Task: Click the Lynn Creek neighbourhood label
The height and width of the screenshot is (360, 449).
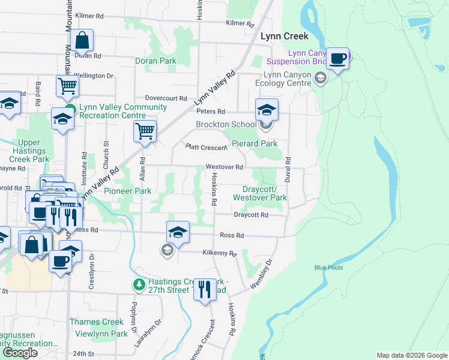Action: [284, 36]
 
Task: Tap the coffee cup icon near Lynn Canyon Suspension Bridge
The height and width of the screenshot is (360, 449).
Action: [338, 59]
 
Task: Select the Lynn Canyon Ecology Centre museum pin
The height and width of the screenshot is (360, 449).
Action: [321, 77]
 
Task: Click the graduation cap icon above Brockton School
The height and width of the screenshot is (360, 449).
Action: [267, 110]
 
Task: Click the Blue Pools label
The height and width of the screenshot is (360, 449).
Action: [328, 268]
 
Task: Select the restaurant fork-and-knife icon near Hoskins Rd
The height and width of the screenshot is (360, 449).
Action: [205, 290]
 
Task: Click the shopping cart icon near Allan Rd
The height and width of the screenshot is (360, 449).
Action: [145, 130]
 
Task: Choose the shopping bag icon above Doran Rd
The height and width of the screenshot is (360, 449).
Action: [82, 41]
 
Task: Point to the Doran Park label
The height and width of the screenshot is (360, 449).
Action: [155, 61]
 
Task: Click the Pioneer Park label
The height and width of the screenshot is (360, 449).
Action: [127, 191]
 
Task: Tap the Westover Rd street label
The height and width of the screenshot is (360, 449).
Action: [224, 167]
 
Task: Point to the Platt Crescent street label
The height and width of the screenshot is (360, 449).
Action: [206, 147]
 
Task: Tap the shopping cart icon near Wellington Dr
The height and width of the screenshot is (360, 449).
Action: [67, 86]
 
